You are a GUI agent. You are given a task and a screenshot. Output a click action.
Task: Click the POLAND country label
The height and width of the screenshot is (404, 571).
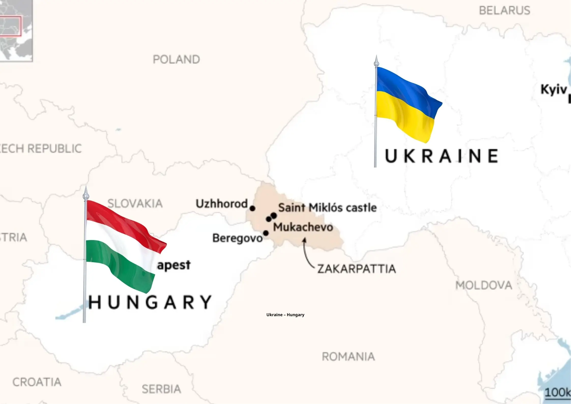pyautogui.click(x=176, y=60)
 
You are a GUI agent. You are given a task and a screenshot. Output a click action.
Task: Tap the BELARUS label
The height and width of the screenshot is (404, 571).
pyautogui.click(x=504, y=11)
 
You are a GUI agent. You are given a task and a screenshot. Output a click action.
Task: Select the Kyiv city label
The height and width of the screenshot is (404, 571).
pyautogui.click(x=553, y=90)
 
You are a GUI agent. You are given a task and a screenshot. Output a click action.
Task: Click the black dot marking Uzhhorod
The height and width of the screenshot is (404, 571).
pyautogui.click(x=252, y=208)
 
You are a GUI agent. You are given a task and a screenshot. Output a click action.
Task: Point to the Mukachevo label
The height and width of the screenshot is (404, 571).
pyautogui.click(x=303, y=227)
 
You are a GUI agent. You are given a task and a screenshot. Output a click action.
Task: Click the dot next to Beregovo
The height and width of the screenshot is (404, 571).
pyautogui.click(x=266, y=233)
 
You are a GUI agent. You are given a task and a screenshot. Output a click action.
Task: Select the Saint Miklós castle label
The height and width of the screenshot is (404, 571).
pyautogui.click(x=327, y=208)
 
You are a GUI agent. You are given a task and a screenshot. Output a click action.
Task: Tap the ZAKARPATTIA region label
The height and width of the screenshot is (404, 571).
pyautogui.click(x=357, y=269)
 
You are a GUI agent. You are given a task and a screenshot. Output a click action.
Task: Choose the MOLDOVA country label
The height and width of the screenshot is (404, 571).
pyautogui.click(x=484, y=285)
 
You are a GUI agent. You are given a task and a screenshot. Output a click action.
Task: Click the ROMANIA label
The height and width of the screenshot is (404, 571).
pyautogui.click(x=348, y=357)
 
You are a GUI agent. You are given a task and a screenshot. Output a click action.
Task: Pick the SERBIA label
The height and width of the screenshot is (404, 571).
pyautogui.click(x=161, y=389)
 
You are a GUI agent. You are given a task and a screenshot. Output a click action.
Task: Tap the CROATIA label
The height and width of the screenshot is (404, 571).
pyautogui.click(x=37, y=382)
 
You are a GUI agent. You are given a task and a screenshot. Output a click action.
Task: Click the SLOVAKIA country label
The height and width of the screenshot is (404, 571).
pyautogui.click(x=135, y=204)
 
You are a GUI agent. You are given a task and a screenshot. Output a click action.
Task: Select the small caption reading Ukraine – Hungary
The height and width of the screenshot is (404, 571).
pyautogui.click(x=285, y=315)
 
